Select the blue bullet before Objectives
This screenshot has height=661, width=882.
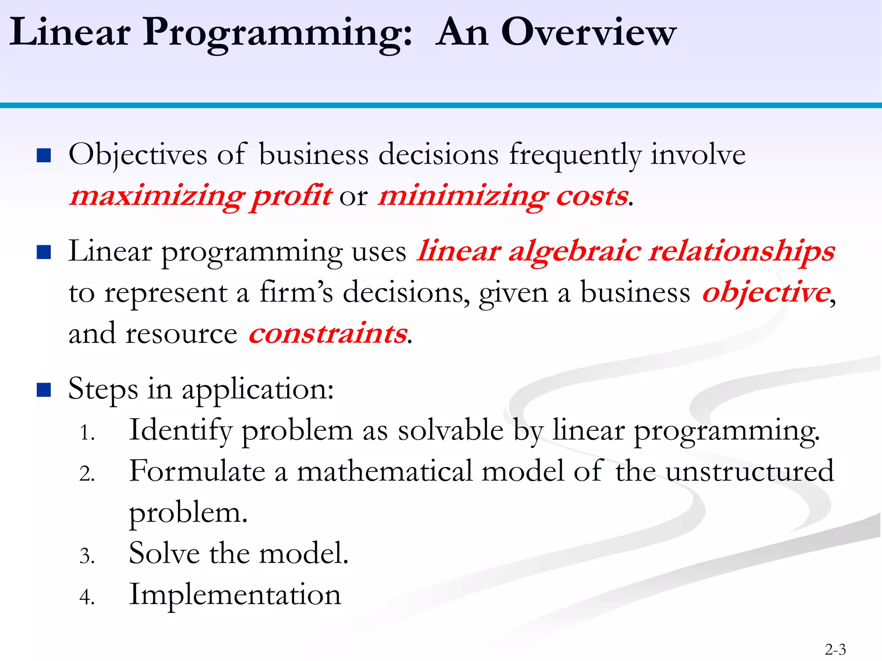click(44, 155)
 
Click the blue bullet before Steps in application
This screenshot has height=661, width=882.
click(44, 390)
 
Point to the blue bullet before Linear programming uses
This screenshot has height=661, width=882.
click(44, 252)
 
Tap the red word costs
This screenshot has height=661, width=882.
click(592, 196)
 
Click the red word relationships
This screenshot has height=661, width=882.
click(742, 251)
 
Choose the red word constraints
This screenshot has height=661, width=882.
click(328, 334)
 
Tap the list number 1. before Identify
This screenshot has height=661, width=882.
click(87, 432)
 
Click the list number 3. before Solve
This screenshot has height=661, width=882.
click(87, 556)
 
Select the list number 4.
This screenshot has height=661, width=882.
click(87, 597)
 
